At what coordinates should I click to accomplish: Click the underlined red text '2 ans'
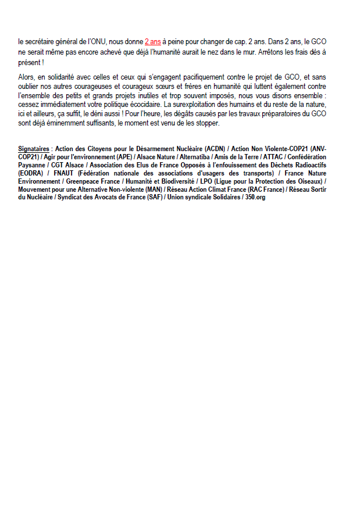(x=152, y=42)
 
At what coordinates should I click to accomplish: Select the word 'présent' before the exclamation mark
(x=28, y=62)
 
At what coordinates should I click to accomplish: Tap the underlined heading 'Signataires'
(x=34, y=149)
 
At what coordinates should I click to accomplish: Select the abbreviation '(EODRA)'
(x=32, y=173)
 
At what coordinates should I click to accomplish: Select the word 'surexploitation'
(x=194, y=104)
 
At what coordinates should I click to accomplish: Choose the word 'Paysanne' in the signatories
(x=33, y=165)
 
